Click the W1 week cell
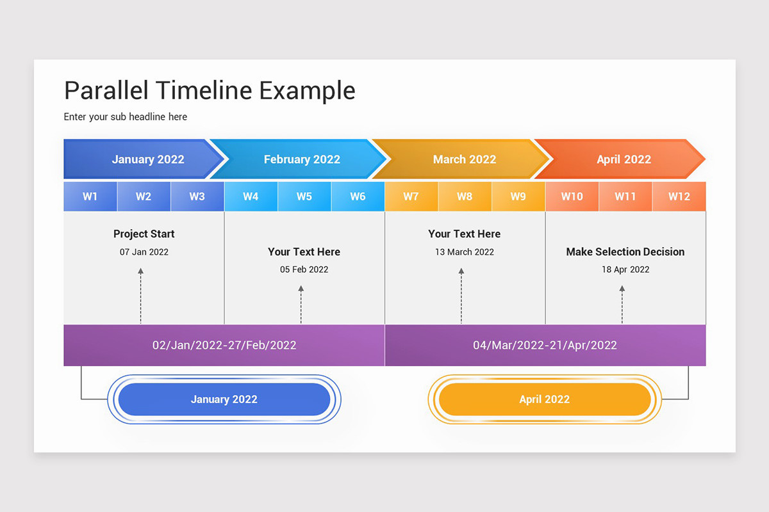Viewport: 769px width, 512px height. (90, 196)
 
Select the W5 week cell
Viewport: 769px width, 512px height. (304, 196)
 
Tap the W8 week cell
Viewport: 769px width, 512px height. (465, 196)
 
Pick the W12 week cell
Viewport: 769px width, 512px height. (679, 196)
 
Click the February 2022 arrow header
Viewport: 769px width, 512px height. (302, 159)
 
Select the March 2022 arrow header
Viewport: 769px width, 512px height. (465, 159)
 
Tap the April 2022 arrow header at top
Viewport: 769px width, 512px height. (624, 159)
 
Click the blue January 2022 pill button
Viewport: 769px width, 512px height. (224, 399)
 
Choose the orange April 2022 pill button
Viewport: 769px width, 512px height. (544, 399)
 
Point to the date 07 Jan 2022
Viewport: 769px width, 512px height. (144, 252)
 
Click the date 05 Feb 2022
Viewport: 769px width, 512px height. (304, 269)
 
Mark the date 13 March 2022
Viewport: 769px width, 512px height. (465, 252)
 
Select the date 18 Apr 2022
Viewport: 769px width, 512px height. (625, 269)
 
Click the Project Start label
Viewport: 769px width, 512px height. (144, 234)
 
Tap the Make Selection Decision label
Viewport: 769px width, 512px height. (625, 252)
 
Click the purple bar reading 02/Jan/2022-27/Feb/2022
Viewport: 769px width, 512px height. (224, 346)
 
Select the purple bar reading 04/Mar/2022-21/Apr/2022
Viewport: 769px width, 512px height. (545, 346)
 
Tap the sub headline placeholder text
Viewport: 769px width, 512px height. (126, 116)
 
